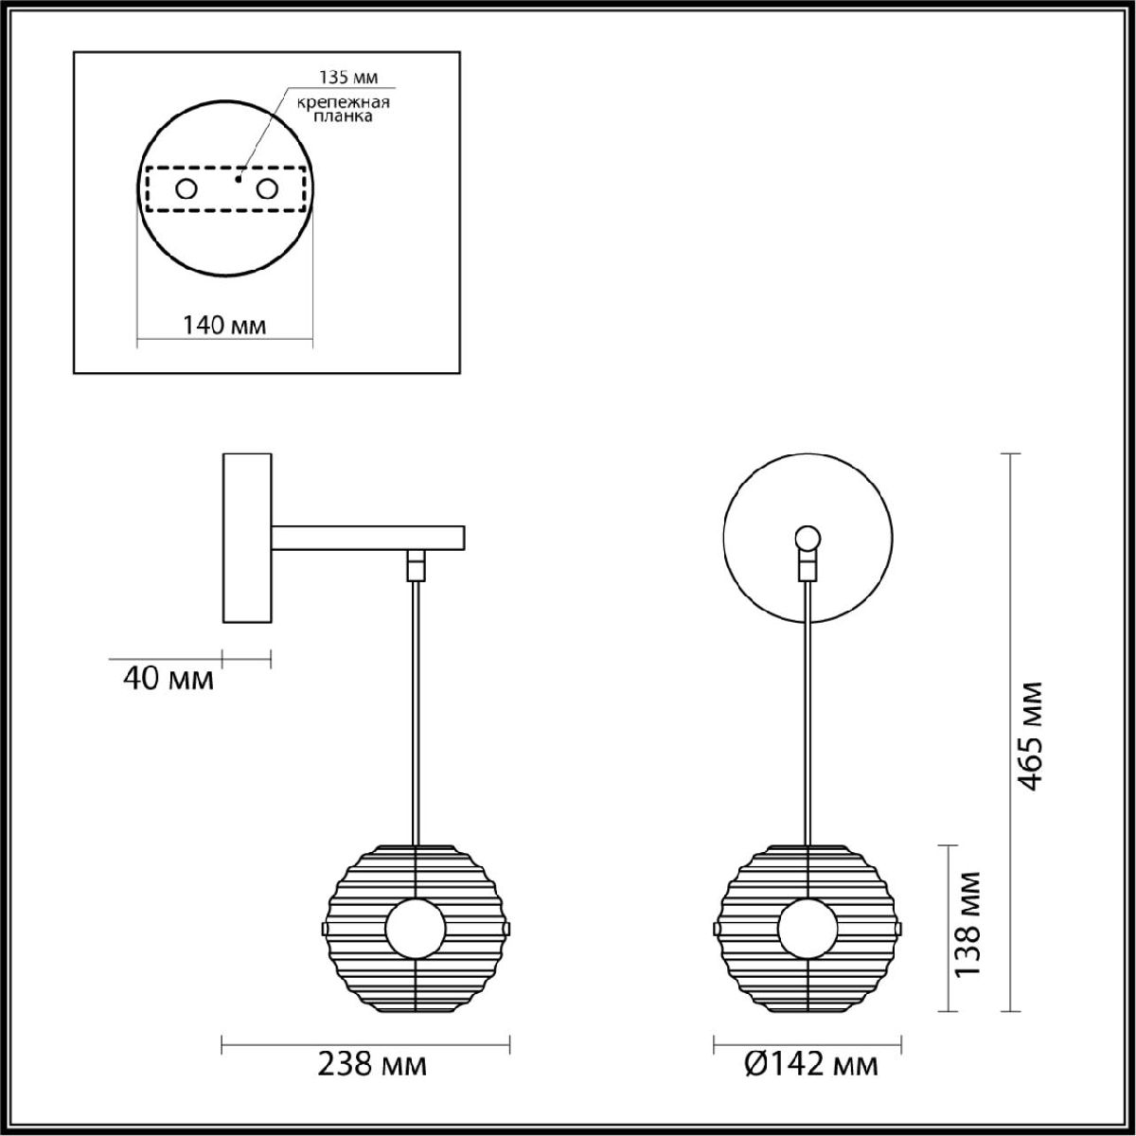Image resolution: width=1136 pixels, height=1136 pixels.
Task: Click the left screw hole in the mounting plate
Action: click(186, 189)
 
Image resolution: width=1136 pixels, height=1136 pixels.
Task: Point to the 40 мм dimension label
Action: click(169, 678)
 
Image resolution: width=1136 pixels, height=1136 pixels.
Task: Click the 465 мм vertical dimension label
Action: click(1031, 735)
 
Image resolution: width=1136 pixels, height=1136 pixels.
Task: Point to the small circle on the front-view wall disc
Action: click(807, 539)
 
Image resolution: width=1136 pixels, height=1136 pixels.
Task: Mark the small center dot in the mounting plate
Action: click(240, 177)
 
